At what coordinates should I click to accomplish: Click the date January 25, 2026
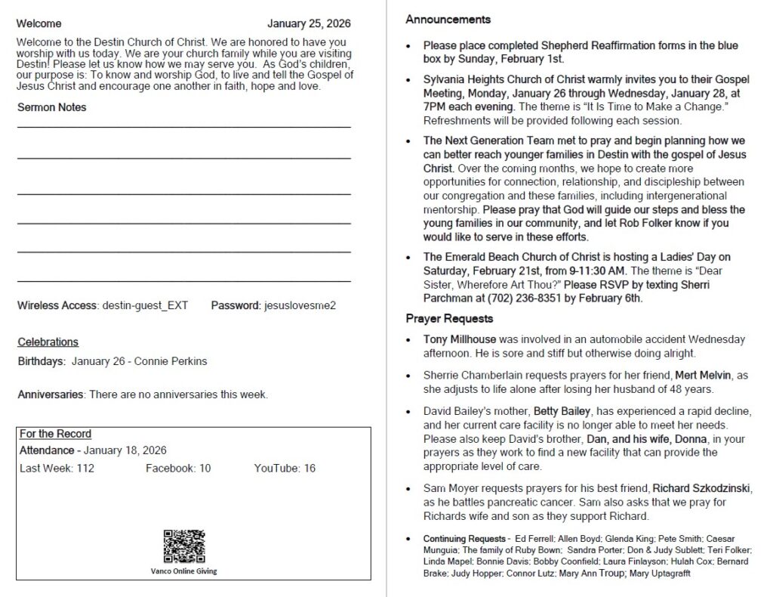point(309,24)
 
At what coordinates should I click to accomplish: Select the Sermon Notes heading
point(52,107)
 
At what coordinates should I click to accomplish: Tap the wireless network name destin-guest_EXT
point(145,305)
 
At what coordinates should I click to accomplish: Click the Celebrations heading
point(48,342)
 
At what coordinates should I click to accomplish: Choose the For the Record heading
point(55,434)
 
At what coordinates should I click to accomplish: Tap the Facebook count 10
point(205,469)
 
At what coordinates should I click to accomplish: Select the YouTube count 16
point(310,469)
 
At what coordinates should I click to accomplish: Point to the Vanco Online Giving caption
point(183,571)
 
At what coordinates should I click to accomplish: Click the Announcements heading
point(448,20)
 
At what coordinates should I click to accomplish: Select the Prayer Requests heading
point(449,318)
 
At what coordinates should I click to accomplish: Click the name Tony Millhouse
point(460,340)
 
